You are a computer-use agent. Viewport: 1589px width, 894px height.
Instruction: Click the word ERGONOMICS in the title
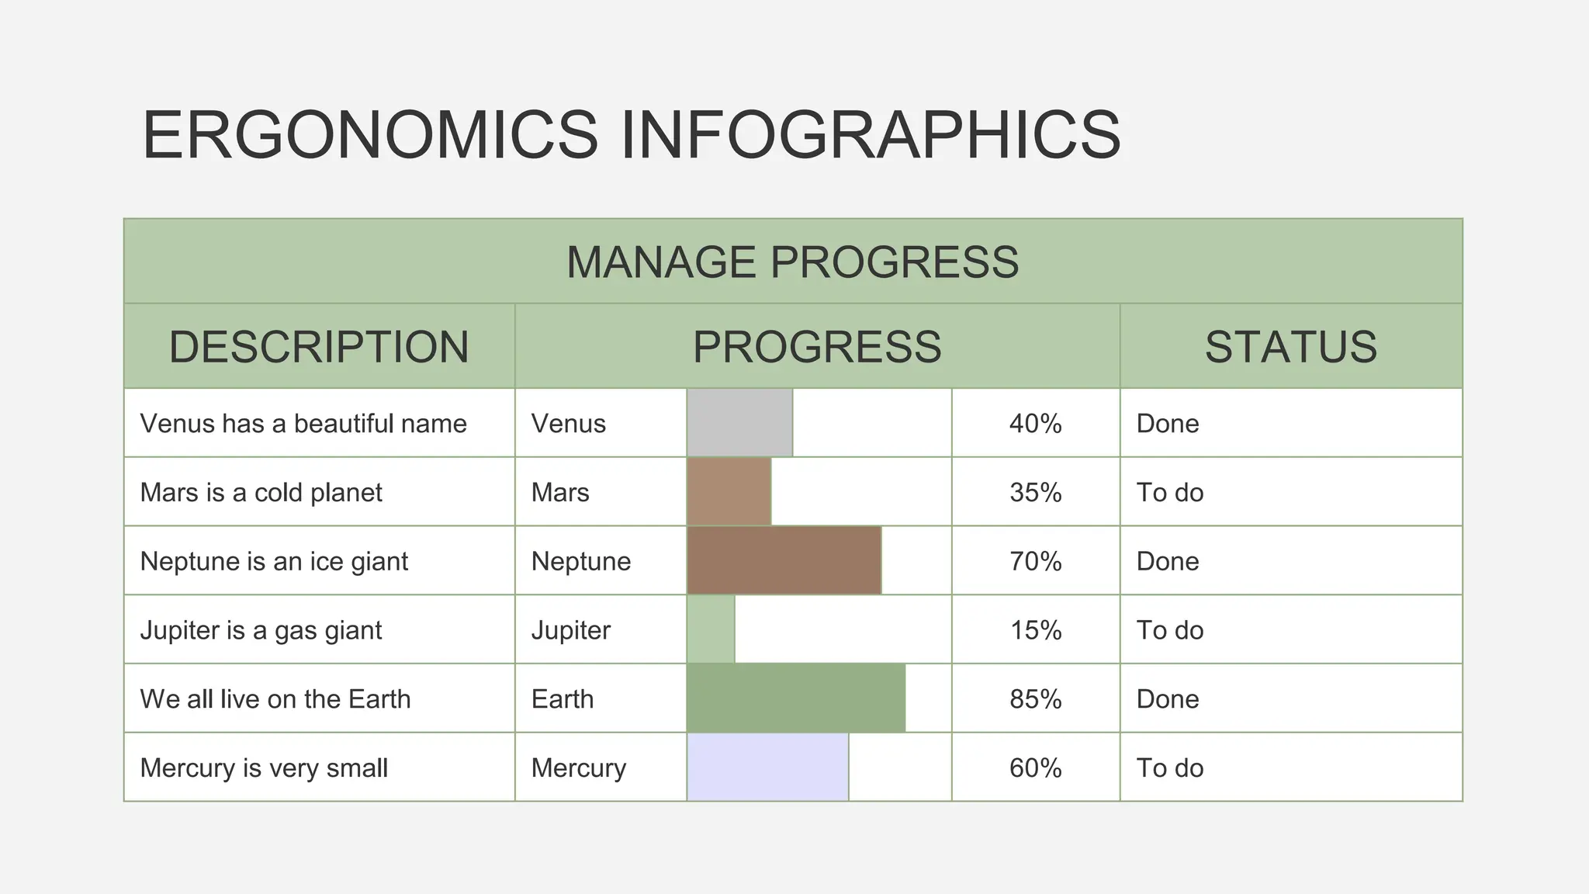tap(370, 135)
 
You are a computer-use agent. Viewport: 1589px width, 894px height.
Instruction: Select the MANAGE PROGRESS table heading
tap(792, 262)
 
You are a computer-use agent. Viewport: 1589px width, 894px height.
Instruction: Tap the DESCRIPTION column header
tap(319, 346)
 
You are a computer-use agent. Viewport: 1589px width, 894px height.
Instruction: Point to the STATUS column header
tap(1290, 346)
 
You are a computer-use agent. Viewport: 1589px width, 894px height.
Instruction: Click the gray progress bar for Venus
tap(739, 423)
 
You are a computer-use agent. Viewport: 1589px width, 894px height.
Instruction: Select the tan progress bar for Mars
tap(729, 492)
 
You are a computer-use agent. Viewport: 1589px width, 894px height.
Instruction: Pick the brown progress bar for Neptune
tap(784, 560)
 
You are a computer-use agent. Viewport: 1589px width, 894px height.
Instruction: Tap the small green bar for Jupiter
tap(711, 629)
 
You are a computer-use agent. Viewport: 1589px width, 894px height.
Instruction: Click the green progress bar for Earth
tap(796, 698)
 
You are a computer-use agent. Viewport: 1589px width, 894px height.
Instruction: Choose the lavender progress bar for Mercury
tap(767, 768)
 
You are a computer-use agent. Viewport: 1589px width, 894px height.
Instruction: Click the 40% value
tap(1035, 424)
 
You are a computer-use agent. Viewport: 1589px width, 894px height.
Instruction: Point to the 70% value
tap(1035, 561)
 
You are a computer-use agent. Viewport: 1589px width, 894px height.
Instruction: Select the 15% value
tap(1035, 630)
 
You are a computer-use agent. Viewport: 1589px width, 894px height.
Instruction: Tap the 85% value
tap(1035, 699)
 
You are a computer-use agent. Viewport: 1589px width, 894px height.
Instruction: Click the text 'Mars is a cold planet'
tap(261, 493)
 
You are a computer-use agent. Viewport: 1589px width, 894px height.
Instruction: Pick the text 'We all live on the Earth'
tap(275, 699)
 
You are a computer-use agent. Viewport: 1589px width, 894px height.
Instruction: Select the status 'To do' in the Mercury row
tap(1169, 768)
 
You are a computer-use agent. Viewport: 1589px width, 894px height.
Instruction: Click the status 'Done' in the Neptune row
tap(1167, 561)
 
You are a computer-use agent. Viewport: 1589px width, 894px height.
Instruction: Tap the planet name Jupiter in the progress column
tap(570, 630)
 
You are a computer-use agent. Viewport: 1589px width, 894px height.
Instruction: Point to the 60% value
tap(1035, 768)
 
